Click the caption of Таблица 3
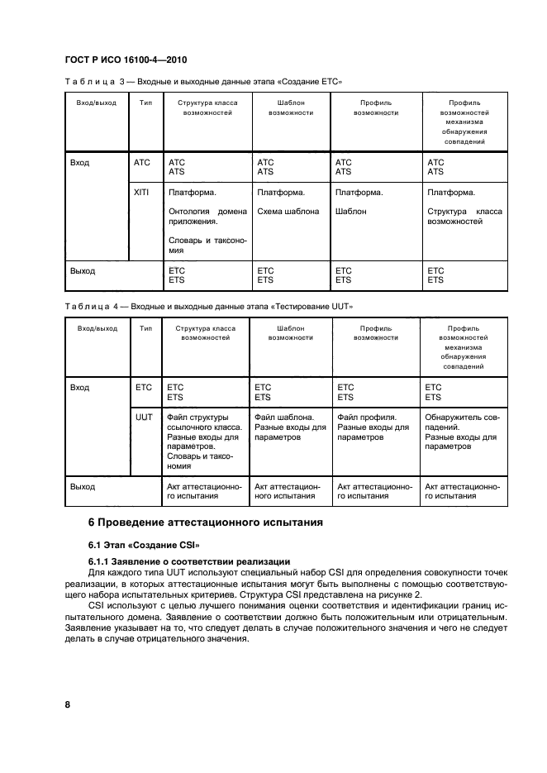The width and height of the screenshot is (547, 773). click(203, 82)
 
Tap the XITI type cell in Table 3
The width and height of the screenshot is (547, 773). click(142, 193)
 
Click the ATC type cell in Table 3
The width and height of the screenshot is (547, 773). click(142, 163)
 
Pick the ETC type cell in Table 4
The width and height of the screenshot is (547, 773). click(144, 387)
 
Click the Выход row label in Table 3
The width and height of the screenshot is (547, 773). click(83, 271)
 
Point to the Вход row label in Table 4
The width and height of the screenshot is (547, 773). click(80, 387)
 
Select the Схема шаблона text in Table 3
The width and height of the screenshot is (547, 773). click(288, 212)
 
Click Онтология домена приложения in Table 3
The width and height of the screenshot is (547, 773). click(207, 217)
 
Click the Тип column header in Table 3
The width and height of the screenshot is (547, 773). click(146, 103)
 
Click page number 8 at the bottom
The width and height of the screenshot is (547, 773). click(68, 704)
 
